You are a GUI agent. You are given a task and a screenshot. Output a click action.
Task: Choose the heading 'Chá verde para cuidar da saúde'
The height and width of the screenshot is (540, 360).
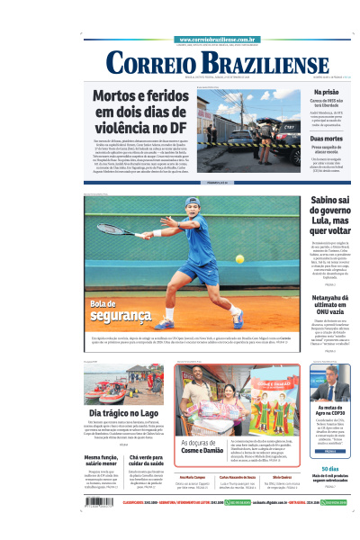point(148,460)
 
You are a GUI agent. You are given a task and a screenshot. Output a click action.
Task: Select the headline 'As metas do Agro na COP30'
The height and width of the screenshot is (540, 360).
point(330,411)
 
